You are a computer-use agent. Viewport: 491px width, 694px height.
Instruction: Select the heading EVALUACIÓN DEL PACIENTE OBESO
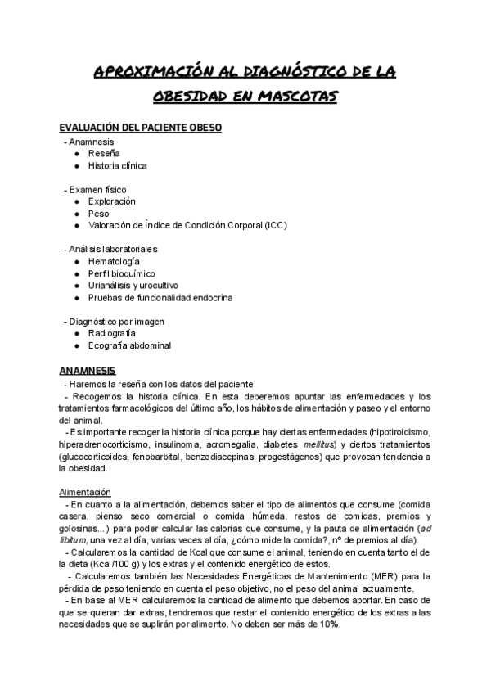coord(140,128)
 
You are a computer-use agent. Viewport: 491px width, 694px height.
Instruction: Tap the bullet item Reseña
coord(104,153)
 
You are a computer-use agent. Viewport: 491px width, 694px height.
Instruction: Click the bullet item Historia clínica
coord(118,165)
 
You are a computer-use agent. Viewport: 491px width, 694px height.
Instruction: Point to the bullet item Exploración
coord(112,201)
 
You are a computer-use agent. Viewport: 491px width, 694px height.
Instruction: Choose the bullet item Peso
coord(99,214)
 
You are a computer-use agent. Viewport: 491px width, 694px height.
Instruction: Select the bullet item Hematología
coord(114,261)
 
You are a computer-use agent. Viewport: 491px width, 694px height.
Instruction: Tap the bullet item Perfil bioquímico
coord(122,273)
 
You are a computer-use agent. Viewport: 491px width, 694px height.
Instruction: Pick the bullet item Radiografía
coord(112,333)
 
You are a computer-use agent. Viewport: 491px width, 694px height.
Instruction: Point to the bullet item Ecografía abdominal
coord(129,345)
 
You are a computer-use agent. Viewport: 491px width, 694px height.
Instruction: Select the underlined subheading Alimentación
coord(85,492)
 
